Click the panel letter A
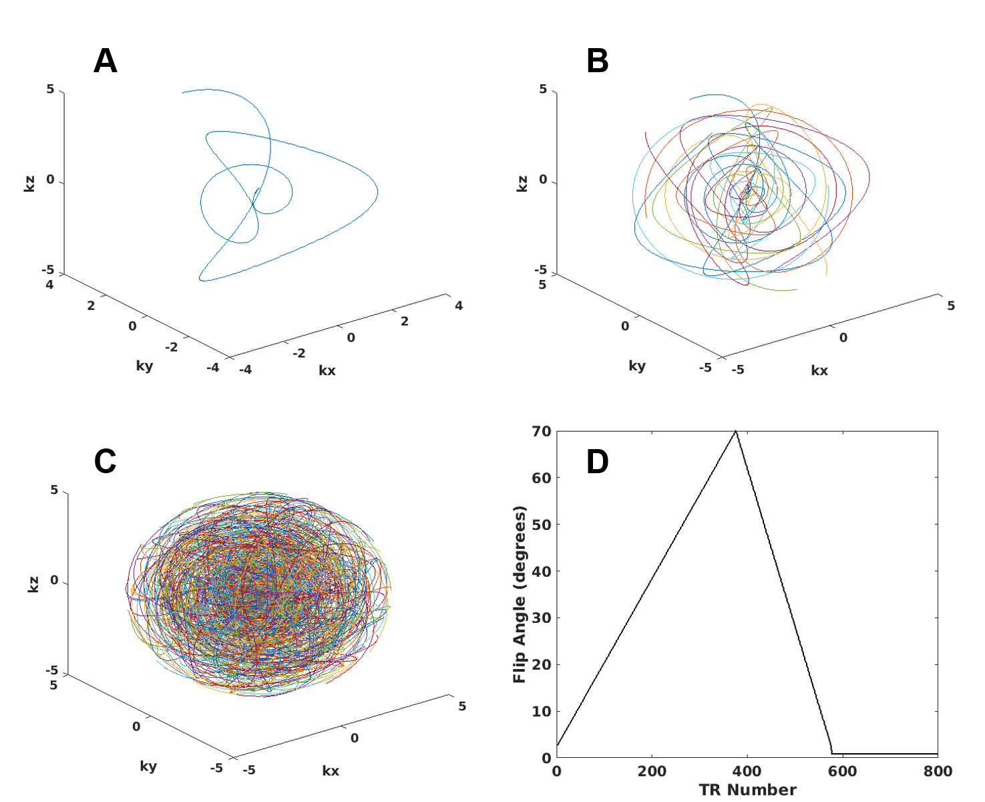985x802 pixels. click(106, 61)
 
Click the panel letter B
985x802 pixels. click(597, 61)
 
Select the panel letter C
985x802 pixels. click(106, 461)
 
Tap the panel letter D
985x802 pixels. click(597, 461)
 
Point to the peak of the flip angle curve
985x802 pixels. click(735, 431)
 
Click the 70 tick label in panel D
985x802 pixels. click(542, 431)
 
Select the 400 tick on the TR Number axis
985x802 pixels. click(747, 771)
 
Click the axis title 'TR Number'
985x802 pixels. click(747, 790)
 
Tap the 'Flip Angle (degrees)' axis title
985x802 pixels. click(520, 594)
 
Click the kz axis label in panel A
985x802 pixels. click(30, 182)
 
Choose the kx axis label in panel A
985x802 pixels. click(327, 370)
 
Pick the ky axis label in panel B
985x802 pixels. click(636, 366)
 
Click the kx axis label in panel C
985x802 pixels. click(331, 771)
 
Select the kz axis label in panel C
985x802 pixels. click(33, 583)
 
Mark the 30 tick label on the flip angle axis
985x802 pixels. click(542, 618)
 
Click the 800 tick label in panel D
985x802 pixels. click(938, 771)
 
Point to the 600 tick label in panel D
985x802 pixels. click(842, 771)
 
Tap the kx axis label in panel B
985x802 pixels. click(819, 370)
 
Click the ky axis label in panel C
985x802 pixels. click(148, 766)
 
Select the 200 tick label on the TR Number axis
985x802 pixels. click(652, 771)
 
